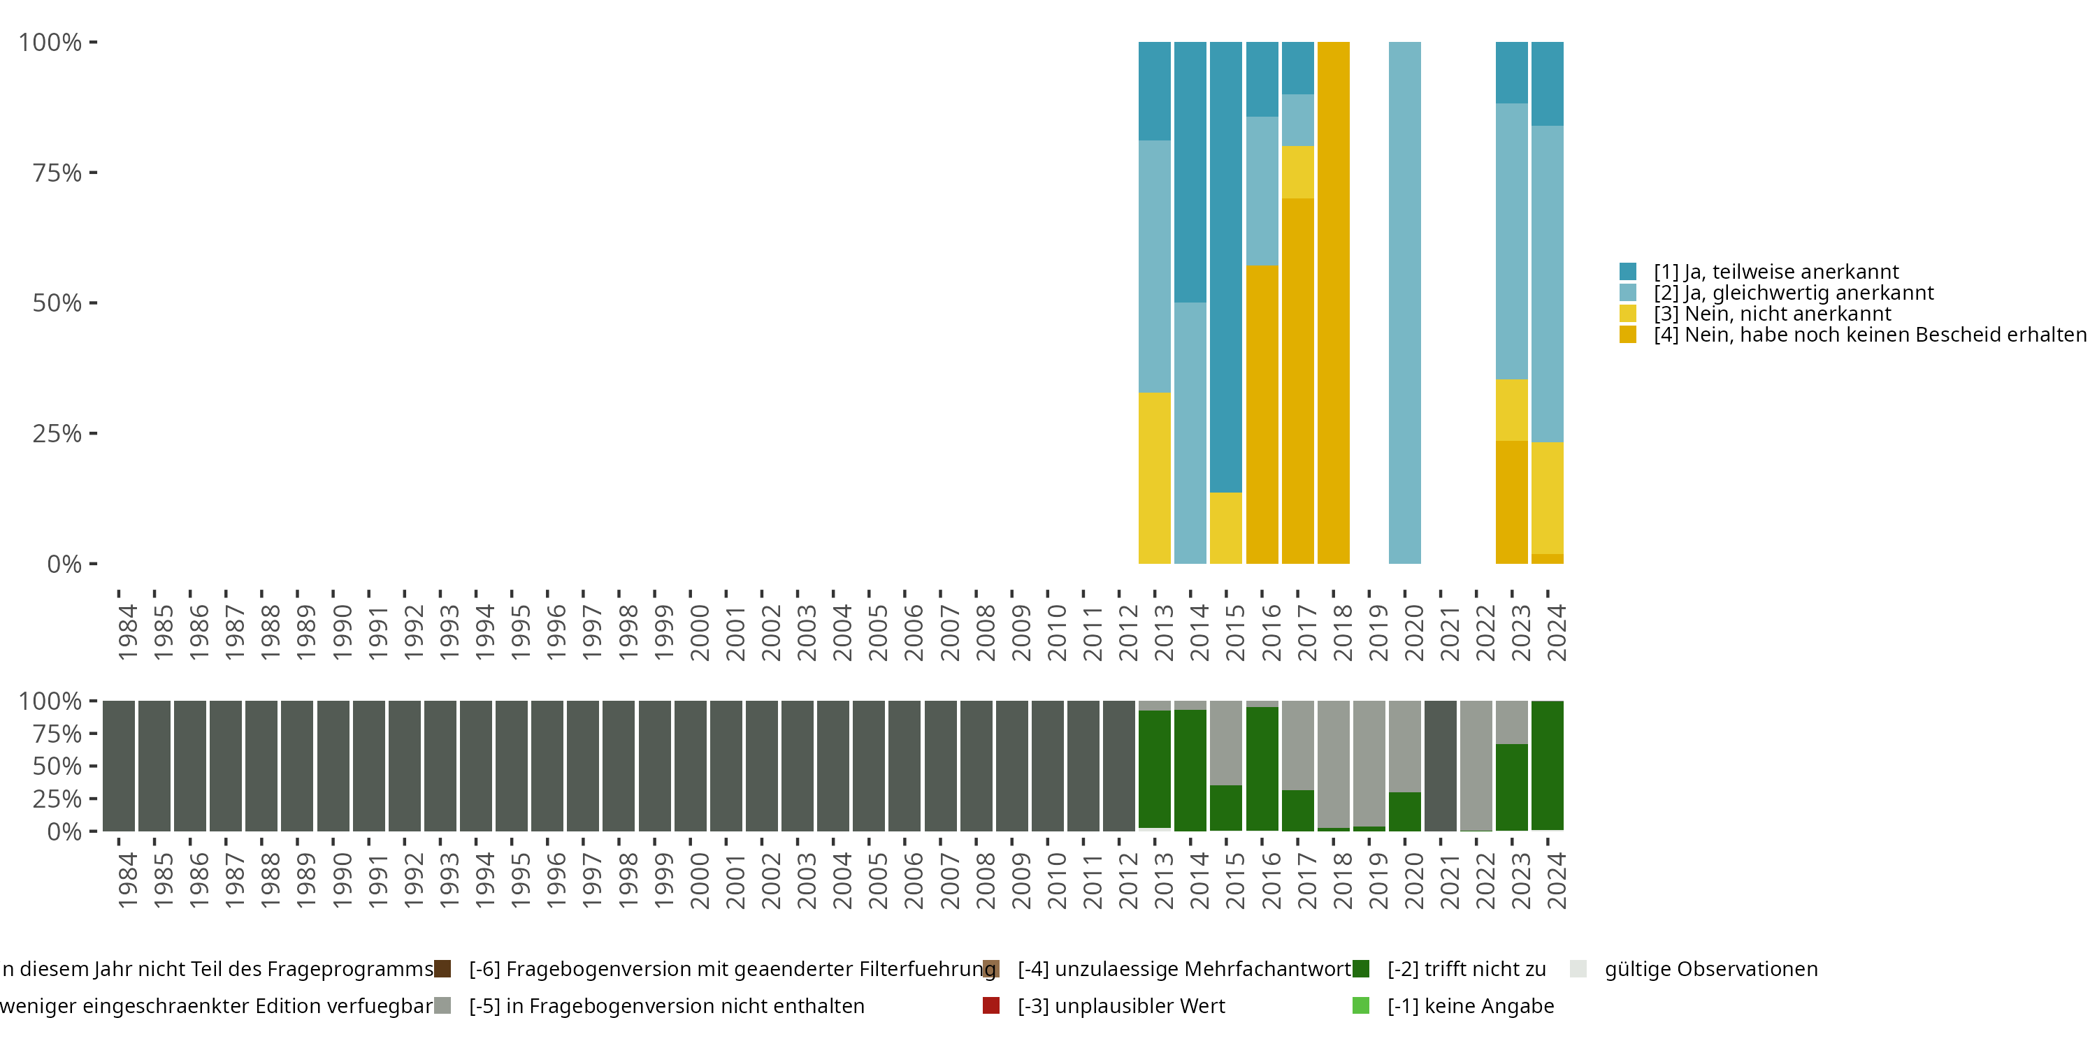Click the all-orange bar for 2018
[1334, 303]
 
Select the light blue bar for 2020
[1404, 303]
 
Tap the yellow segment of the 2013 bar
[1154, 479]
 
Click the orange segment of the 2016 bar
[1262, 414]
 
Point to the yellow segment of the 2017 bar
[1297, 173]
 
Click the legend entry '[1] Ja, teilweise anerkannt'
[1775, 272]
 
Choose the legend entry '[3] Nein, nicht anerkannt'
[1771, 314]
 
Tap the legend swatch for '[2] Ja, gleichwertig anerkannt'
[1628, 293]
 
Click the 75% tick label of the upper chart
[57, 173]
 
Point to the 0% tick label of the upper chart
[64, 564]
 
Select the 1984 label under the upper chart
[128, 632]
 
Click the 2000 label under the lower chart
[699, 880]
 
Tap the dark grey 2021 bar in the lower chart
[1440, 766]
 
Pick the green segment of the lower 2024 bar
[1547, 766]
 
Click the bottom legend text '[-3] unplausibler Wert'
[1121, 1007]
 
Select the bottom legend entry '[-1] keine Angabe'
[1470, 1007]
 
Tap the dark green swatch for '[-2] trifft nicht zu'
[1360, 969]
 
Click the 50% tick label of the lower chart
[57, 766]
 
